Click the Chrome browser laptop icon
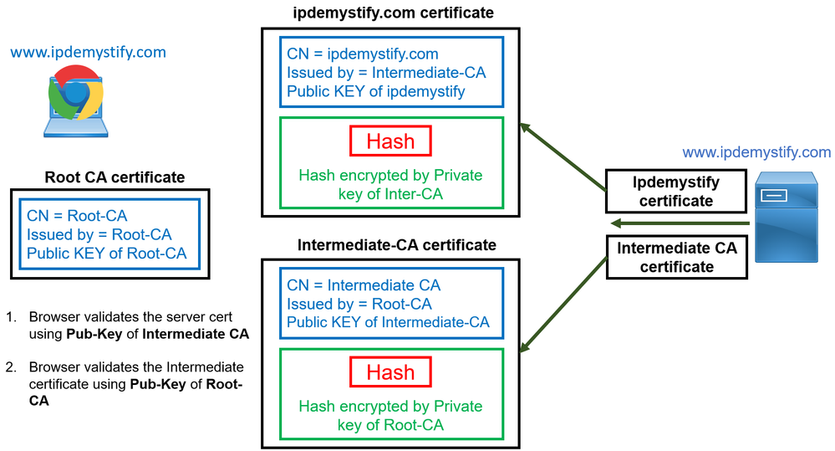pyautogui.click(x=75, y=101)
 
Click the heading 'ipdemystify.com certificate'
pyautogui.click(x=394, y=13)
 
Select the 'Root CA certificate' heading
pyautogui.click(x=115, y=177)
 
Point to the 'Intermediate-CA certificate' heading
pyautogui.click(x=397, y=245)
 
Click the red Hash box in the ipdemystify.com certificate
pyautogui.click(x=390, y=141)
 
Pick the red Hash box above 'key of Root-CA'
pyautogui.click(x=390, y=372)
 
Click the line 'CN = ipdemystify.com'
pyautogui.click(x=362, y=54)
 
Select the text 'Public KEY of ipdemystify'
pyautogui.click(x=376, y=91)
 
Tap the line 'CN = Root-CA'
pyautogui.click(x=77, y=217)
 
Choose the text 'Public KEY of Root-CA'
pyautogui.click(x=107, y=254)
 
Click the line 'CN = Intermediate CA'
pyautogui.click(x=364, y=285)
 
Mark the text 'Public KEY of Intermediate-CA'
pyautogui.click(x=388, y=322)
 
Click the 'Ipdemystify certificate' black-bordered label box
pyautogui.click(x=675, y=192)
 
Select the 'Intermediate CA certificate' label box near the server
pyautogui.click(x=677, y=257)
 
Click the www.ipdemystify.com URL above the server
pyautogui.click(x=756, y=152)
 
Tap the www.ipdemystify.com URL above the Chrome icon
pyautogui.click(x=88, y=53)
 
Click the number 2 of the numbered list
pyautogui.click(x=11, y=366)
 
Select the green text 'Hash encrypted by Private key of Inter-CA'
pyautogui.click(x=390, y=185)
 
